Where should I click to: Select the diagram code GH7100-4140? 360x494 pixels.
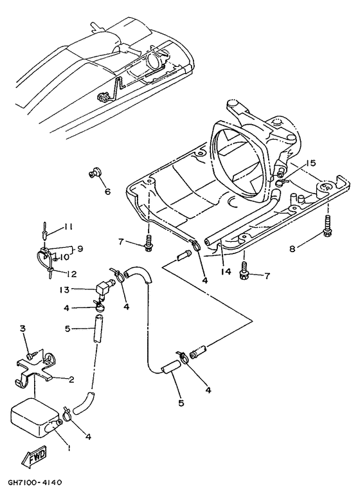(x=35, y=482)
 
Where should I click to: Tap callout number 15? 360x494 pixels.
(x=310, y=163)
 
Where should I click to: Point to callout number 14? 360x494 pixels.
(x=226, y=271)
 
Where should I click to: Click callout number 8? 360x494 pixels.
(x=292, y=249)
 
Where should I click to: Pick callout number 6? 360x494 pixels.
(x=108, y=192)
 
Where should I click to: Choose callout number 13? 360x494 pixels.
(x=64, y=289)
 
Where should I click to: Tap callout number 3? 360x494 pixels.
(x=22, y=328)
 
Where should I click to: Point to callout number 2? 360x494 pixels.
(x=71, y=380)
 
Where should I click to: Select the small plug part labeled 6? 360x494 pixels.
(x=94, y=172)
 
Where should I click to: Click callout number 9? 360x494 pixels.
(x=80, y=249)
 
